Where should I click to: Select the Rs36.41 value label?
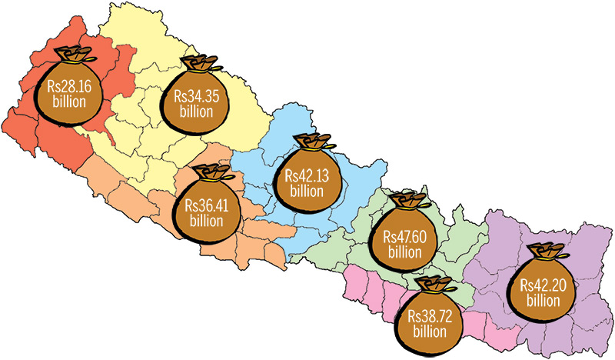208,206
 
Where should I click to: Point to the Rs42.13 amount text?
307,176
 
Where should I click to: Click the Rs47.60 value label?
404,237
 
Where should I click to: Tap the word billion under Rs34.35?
195,112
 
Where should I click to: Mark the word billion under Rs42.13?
307,191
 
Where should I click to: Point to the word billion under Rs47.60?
404,252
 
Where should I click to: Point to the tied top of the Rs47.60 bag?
407,202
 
